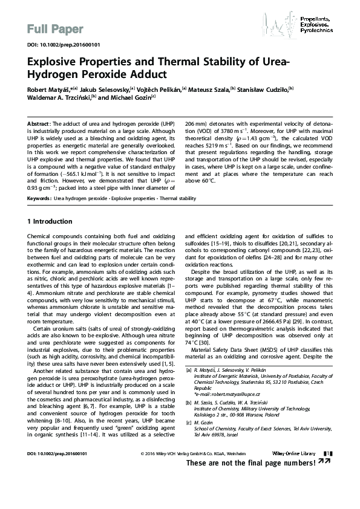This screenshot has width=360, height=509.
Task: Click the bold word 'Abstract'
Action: click(x=40, y=123)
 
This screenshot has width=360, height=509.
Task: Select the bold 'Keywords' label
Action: click(x=39, y=198)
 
